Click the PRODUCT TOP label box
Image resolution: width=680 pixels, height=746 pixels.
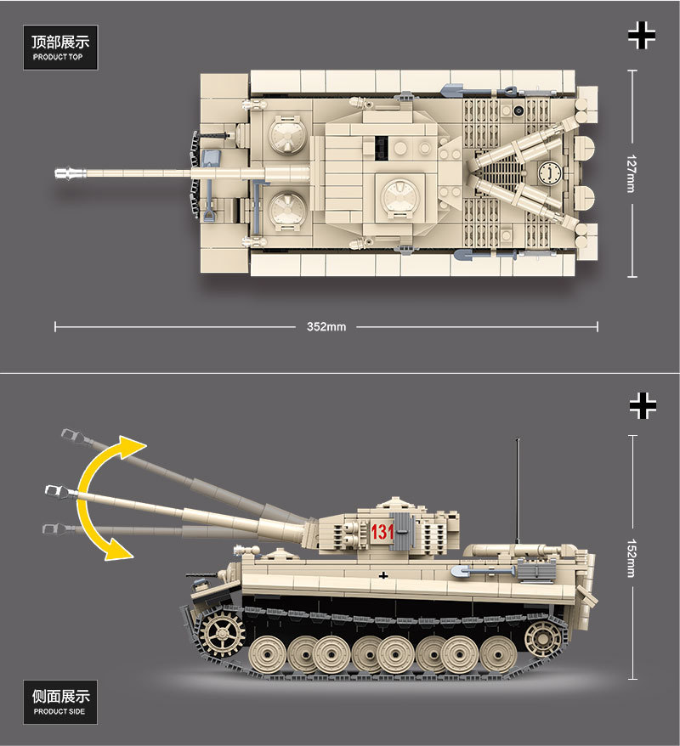pos(60,48)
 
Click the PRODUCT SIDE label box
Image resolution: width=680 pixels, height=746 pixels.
pos(60,702)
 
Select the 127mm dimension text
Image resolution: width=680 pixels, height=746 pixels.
pos(630,173)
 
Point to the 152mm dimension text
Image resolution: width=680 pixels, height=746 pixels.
pos(630,557)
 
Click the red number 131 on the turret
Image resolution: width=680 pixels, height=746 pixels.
pos(382,533)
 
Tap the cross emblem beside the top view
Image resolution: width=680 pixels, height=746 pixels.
pos(642,35)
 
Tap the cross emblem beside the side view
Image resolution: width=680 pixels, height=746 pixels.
pos(643,405)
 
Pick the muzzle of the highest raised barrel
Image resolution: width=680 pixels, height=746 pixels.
pos(70,435)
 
